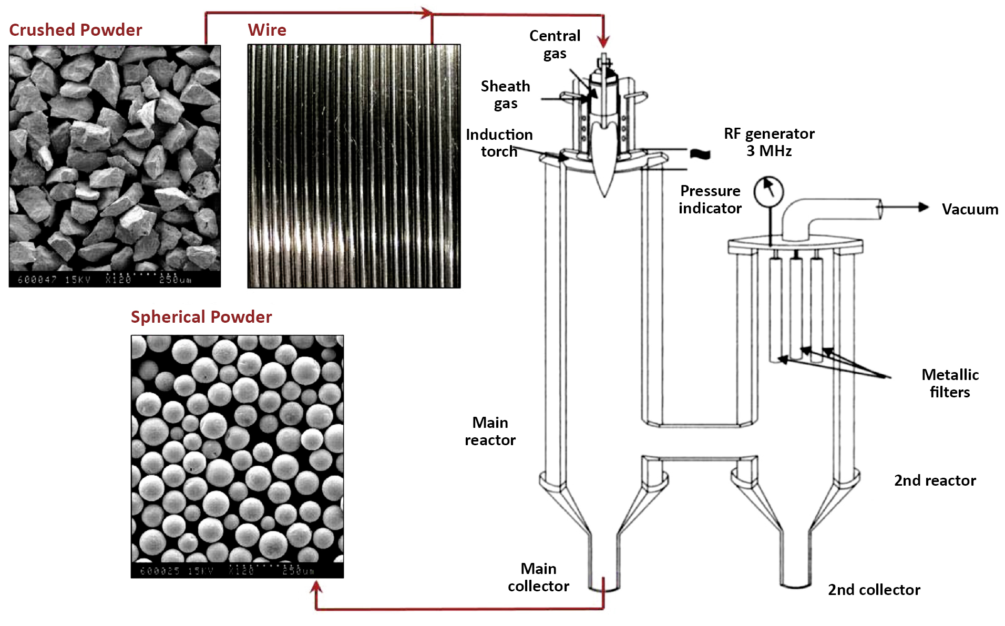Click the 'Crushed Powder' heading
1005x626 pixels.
76,30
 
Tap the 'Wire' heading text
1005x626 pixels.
267,30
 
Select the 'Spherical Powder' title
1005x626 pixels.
201,317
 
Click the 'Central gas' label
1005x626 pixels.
555,45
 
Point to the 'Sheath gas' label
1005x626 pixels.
505,95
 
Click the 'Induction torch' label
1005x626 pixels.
499,143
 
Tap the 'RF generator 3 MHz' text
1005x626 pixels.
769,142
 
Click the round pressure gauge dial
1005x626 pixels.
768,192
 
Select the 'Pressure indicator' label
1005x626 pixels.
710,199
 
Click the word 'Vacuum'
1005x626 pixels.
970,209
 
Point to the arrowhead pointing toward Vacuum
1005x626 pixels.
924,207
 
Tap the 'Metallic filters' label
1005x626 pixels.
950,383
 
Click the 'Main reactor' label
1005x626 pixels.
490,431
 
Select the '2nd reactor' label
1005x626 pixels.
935,480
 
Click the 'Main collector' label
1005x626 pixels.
538,577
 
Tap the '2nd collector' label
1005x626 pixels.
874,590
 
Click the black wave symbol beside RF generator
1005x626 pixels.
700,154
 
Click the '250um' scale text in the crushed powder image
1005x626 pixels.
176,280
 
